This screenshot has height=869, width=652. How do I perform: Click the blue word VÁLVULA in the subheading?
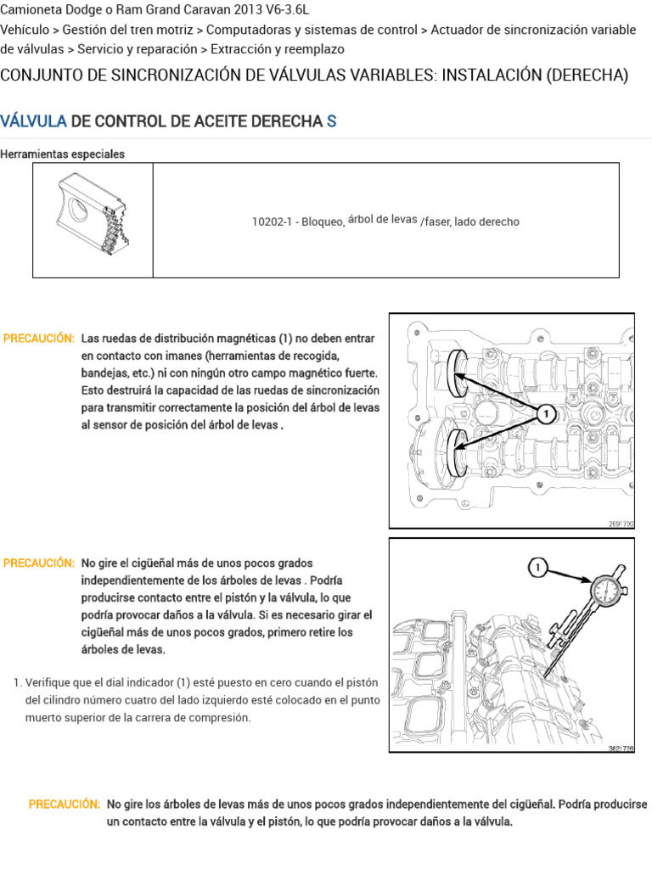34,121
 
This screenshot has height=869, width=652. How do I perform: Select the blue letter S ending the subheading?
332,121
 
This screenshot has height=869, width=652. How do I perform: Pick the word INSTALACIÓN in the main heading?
492,76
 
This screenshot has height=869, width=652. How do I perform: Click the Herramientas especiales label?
63,154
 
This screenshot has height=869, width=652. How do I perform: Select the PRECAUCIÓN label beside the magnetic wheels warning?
39,339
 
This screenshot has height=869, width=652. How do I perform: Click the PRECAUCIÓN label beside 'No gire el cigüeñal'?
39,563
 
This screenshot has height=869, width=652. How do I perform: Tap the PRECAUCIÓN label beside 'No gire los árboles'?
65,805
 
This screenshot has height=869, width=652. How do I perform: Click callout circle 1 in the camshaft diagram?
548,413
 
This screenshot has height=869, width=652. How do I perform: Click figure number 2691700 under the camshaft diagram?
620,524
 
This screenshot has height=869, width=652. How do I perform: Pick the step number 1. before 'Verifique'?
18,683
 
